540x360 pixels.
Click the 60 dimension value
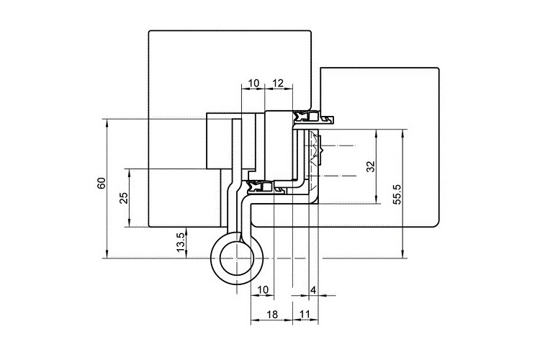click(x=102, y=184)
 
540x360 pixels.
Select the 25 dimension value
click(x=124, y=198)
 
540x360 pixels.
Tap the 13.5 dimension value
click(x=181, y=242)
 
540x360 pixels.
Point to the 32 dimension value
click(x=370, y=166)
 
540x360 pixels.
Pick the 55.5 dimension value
click(x=397, y=194)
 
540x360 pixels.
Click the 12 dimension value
click(x=278, y=83)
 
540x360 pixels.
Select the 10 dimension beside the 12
click(x=253, y=83)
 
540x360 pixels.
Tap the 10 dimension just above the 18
click(x=262, y=290)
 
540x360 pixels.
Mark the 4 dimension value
click(x=312, y=290)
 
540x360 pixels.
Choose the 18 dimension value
click(x=272, y=315)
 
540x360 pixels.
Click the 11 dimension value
click(x=305, y=315)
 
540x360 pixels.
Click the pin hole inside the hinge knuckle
click(x=237, y=258)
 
